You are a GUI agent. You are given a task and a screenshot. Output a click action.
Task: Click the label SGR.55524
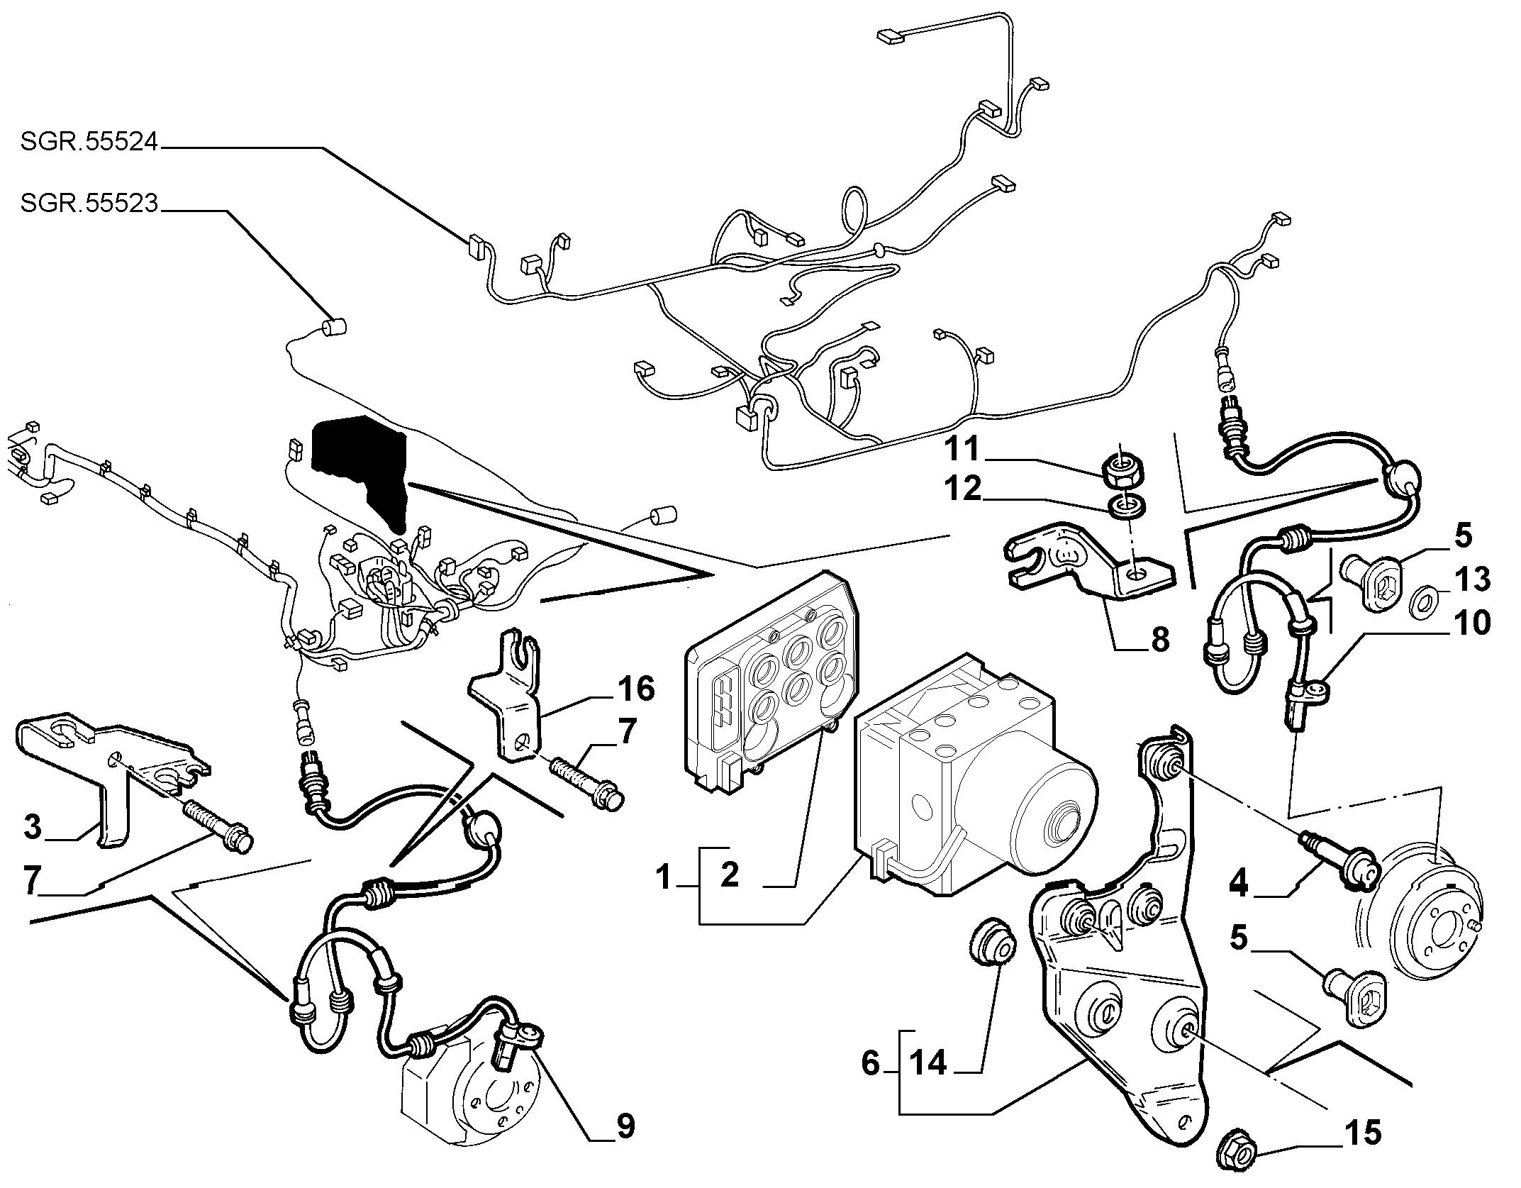89,143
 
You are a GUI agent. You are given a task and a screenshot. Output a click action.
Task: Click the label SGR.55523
89,204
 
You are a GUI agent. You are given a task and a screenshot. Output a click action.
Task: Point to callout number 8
1160,640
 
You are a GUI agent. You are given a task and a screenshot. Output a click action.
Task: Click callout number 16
636,689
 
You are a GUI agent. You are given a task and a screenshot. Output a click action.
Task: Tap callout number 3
33,828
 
